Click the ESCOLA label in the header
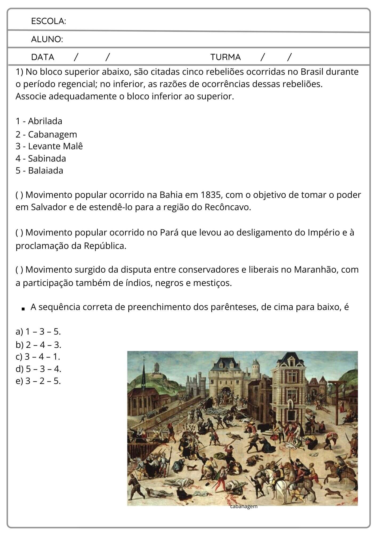(x=49, y=21)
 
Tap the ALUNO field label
(x=47, y=40)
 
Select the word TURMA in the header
(x=225, y=57)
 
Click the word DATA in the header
(x=43, y=57)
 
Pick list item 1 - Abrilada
(x=39, y=121)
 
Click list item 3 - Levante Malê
(x=49, y=146)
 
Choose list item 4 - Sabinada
(x=41, y=159)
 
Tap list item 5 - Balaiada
(x=39, y=171)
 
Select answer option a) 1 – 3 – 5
(x=38, y=332)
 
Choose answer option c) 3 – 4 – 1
(x=38, y=357)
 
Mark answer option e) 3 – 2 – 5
(x=38, y=381)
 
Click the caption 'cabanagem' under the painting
(x=244, y=506)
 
